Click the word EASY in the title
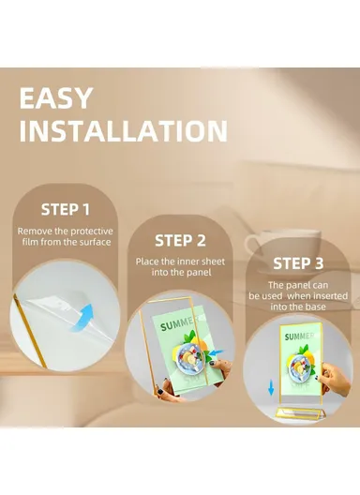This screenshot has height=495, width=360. point(56,98)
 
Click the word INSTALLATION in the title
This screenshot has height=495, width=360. point(124,131)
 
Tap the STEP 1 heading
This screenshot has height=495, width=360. point(66,209)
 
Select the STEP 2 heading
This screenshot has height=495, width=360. point(180,241)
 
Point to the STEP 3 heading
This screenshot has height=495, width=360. point(298,263)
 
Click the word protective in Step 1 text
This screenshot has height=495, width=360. point(92,232)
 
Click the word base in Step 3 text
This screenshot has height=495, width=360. point(315,307)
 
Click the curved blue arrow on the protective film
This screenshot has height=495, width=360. point(82,317)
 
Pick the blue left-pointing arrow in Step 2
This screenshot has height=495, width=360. point(216,352)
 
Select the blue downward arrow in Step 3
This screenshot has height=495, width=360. point(271,388)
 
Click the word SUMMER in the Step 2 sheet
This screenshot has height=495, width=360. point(177,323)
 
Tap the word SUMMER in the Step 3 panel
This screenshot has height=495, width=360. point(298,336)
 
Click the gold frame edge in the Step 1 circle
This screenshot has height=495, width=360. point(31,331)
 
